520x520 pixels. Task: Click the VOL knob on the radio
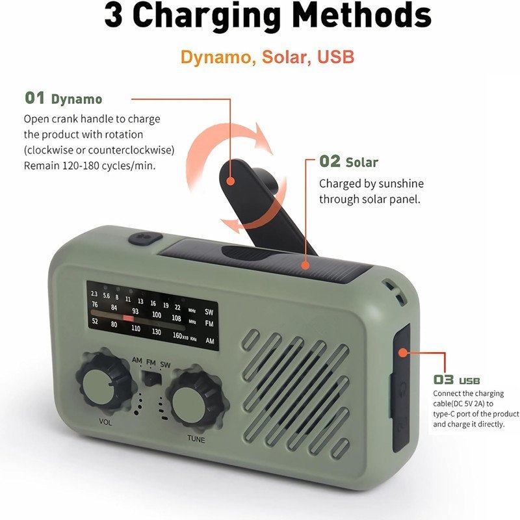[x=105, y=382]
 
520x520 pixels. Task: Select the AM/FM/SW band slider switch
[x=151, y=378]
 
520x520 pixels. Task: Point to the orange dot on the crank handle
[x=231, y=181]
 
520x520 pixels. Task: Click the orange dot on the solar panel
[x=305, y=265]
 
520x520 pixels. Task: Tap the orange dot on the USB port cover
[x=402, y=352]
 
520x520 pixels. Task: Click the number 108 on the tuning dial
[x=176, y=318]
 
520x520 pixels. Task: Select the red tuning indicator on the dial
[x=128, y=318]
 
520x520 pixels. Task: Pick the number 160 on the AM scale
[x=177, y=335]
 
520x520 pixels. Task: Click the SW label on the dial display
[x=209, y=312]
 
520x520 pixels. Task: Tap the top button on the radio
[x=146, y=238]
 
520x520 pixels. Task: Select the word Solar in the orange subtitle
[x=284, y=57]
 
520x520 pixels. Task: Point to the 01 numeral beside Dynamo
[x=35, y=98]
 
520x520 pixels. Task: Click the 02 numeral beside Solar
[x=330, y=161]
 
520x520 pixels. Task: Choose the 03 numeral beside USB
[x=443, y=380]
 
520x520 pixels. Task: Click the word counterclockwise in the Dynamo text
[x=131, y=150]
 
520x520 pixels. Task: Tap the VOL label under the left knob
[x=105, y=422]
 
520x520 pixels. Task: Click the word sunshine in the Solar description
[x=401, y=184]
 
